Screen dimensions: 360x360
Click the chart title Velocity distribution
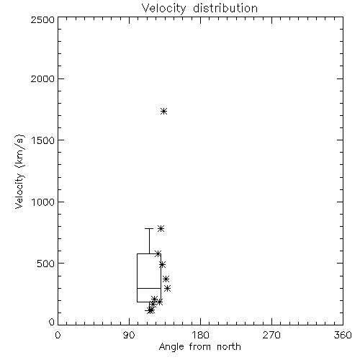click(x=199, y=9)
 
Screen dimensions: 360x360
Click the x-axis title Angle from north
click(x=199, y=346)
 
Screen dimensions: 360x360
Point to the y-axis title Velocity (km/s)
click(x=19, y=171)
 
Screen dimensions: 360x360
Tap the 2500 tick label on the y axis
click(x=42, y=19)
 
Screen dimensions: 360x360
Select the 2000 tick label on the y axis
click(x=42, y=78)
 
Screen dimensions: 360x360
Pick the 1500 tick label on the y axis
click(x=43, y=140)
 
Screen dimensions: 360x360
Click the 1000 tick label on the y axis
click(x=43, y=202)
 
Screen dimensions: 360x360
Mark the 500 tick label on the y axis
click(x=46, y=264)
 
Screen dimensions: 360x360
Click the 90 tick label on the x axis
click(x=129, y=335)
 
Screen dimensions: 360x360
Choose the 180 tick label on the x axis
click(x=200, y=335)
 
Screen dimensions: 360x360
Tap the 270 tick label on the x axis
click(x=271, y=335)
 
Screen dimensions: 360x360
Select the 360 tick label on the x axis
click(x=343, y=335)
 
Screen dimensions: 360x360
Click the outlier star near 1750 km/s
click(x=164, y=111)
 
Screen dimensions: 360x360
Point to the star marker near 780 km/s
click(x=161, y=228)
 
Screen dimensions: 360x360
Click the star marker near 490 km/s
click(x=162, y=264)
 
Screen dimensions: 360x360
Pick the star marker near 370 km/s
click(x=166, y=279)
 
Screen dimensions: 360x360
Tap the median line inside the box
click(x=149, y=288)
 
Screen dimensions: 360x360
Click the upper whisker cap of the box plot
click(x=149, y=228)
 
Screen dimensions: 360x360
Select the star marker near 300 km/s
click(x=168, y=288)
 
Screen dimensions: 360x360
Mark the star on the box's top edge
click(x=158, y=253)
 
